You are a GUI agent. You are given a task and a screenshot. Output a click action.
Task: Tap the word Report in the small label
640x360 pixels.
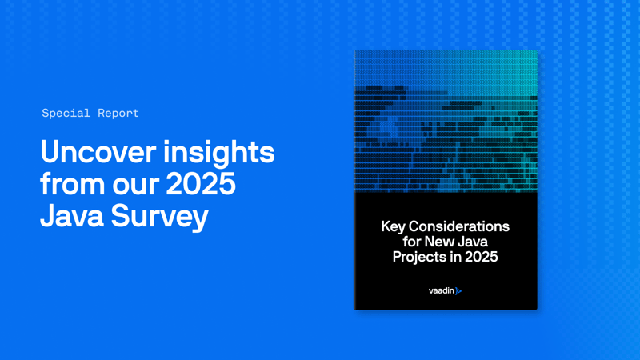[118, 113]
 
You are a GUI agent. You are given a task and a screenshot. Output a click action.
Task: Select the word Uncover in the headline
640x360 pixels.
[94, 152]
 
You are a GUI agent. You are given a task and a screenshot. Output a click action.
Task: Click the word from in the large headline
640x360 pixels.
[72, 184]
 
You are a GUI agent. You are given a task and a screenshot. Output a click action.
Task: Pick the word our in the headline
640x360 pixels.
[136, 184]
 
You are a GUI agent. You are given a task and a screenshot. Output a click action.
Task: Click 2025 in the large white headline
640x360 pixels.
[201, 184]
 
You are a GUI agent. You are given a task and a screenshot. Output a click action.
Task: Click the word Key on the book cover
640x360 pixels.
[394, 226]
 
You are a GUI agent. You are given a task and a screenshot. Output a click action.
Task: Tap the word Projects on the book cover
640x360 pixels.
[418, 257]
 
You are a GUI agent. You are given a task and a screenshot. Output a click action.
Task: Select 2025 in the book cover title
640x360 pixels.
[482, 257]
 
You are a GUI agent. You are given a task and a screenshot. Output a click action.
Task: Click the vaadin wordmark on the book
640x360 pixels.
[441, 291]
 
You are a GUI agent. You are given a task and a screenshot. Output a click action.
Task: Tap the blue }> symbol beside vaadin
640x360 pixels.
[458, 291]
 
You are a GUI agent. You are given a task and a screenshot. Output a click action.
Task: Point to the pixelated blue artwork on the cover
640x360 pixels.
[446, 120]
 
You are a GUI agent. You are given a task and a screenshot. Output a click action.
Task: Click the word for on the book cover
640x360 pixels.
[414, 242]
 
